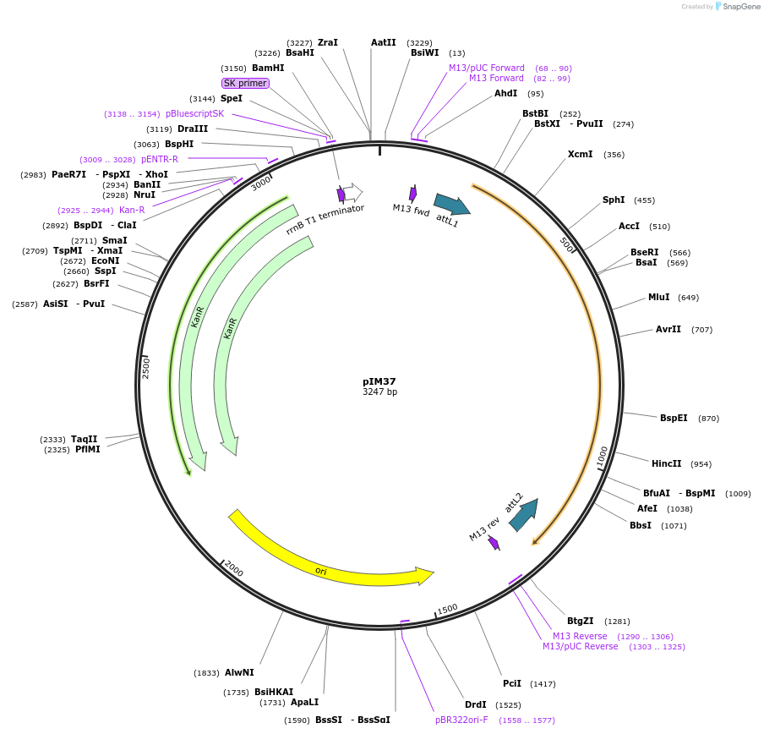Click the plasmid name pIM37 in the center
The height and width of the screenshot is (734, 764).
[x=379, y=381]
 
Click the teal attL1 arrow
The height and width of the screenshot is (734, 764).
[x=451, y=204]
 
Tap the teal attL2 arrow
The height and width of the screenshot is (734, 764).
[x=524, y=513]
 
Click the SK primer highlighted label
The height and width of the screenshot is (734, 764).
[x=245, y=83]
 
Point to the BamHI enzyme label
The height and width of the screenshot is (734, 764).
[x=268, y=68]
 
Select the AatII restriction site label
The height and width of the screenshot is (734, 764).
[x=383, y=42]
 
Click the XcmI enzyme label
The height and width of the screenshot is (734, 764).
[x=580, y=154]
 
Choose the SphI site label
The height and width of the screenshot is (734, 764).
[x=614, y=200]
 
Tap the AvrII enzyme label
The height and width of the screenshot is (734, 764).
[x=668, y=329]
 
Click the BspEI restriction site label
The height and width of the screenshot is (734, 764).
[x=674, y=418]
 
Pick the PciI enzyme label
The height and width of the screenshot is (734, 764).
[x=512, y=683]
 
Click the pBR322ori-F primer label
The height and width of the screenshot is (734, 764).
[x=461, y=720]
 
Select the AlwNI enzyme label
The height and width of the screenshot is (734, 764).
[x=239, y=673]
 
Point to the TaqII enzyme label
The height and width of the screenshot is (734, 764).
[x=85, y=439]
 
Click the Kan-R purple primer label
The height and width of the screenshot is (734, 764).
[x=132, y=210]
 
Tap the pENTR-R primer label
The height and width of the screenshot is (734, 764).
[x=160, y=159]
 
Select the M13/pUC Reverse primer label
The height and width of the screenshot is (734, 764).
[x=580, y=646]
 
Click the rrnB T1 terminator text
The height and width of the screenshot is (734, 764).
[x=325, y=218]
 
